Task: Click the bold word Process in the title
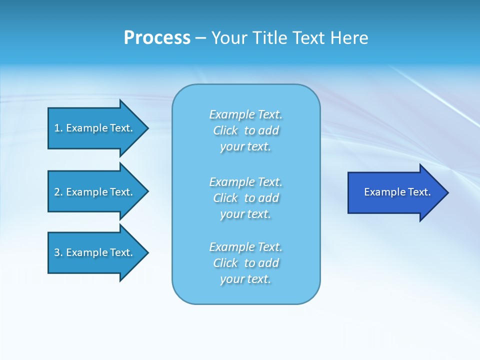tap(157, 38)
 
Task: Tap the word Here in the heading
tap(348, 38)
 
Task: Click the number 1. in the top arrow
tap(58, 128)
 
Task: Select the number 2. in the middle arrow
tap(58, 192)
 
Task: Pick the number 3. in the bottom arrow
tap(58, 252)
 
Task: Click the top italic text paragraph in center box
tap(245, 130)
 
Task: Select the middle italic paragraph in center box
tap(245, 198)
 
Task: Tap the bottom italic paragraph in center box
tap(245, 263)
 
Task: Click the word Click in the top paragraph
tap(225, 130)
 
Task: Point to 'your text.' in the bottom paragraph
tap(245, 279)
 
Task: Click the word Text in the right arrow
tap(419, 192)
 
